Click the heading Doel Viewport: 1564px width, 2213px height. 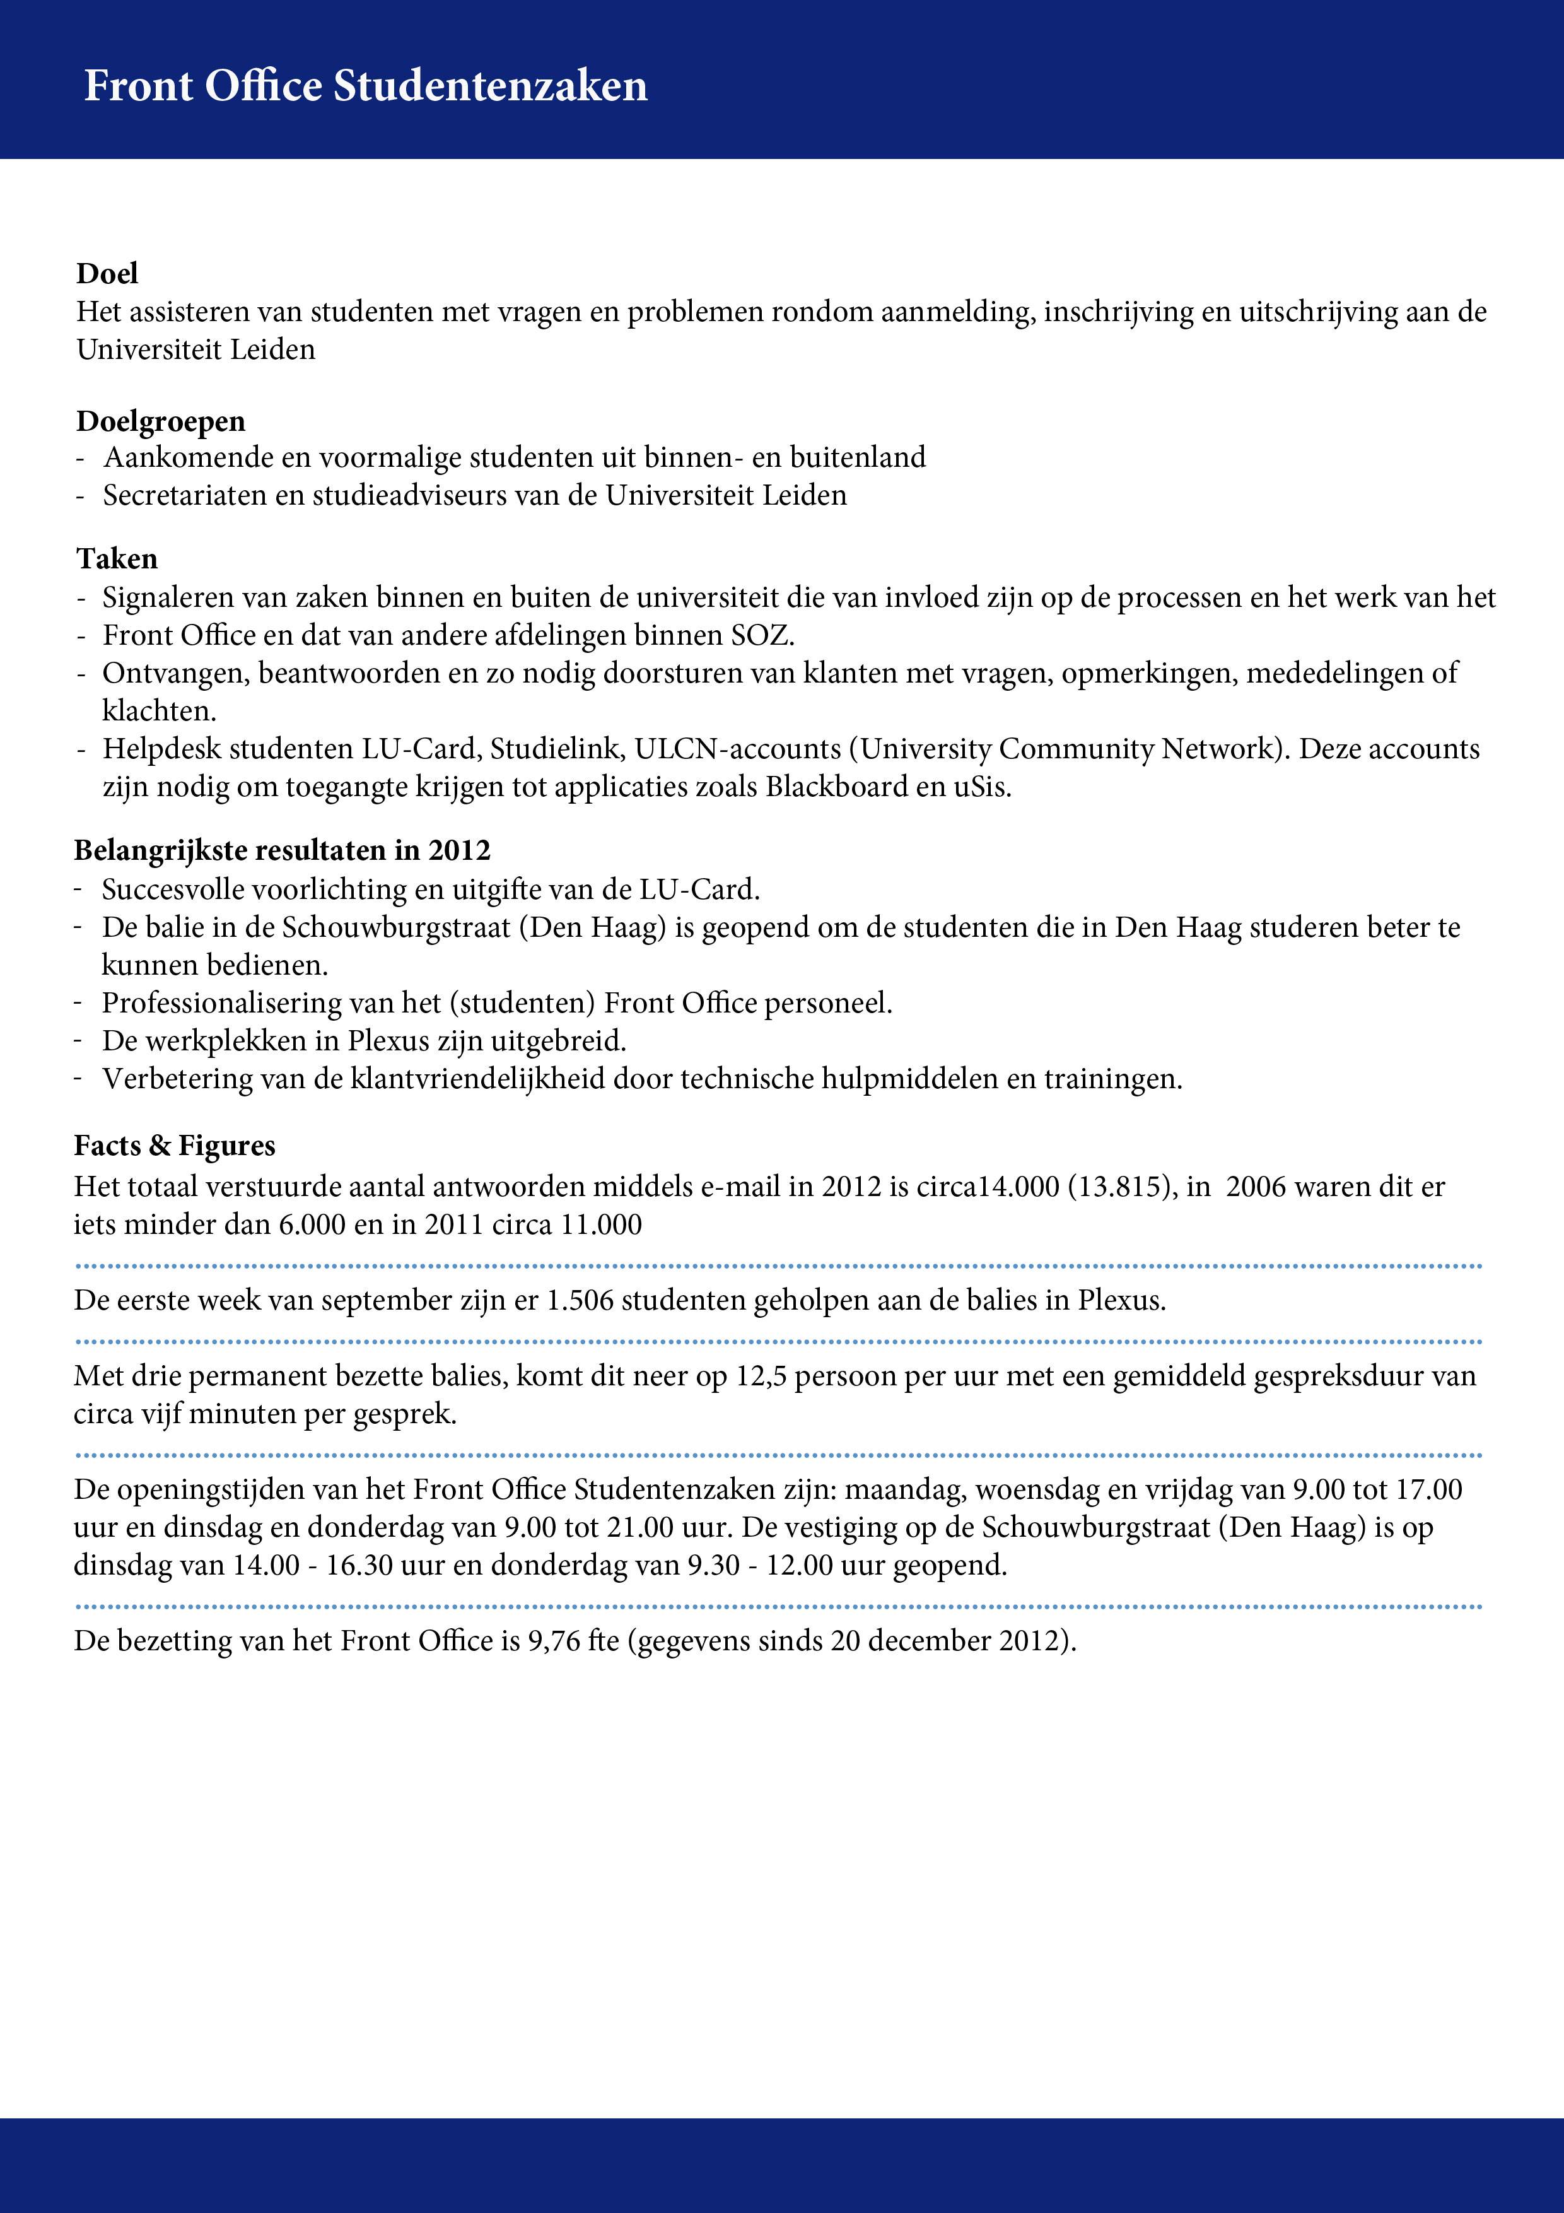coord(107,274)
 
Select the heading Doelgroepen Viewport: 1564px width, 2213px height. coord(161,421)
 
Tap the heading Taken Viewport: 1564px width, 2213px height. coord(117,559)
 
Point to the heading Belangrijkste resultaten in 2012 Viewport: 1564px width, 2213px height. coord(283,850)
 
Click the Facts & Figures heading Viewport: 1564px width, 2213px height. coord(175,1146)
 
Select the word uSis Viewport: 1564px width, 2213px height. coord(982,787)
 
